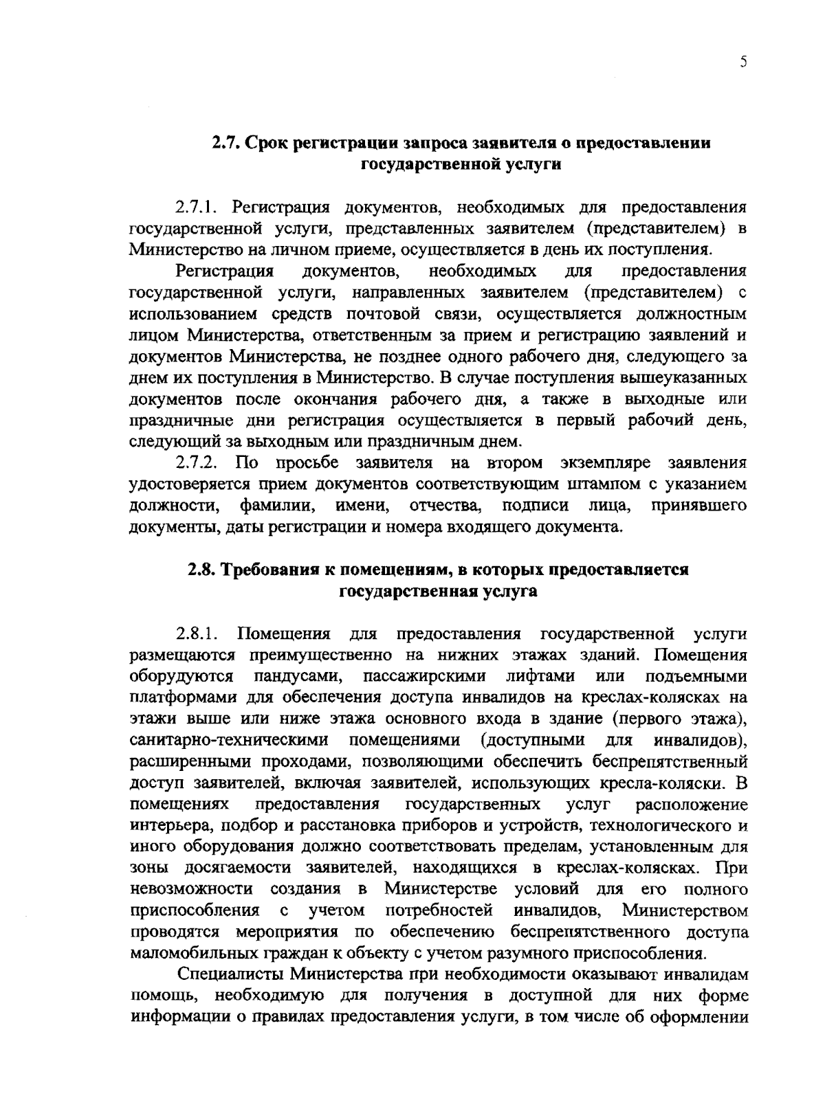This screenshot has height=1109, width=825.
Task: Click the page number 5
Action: point(743,62)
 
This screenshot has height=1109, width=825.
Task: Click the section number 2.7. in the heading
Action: point(225,144)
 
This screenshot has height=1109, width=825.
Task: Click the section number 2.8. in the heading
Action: point(203,570)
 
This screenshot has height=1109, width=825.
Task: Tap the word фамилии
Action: point(278,506)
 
